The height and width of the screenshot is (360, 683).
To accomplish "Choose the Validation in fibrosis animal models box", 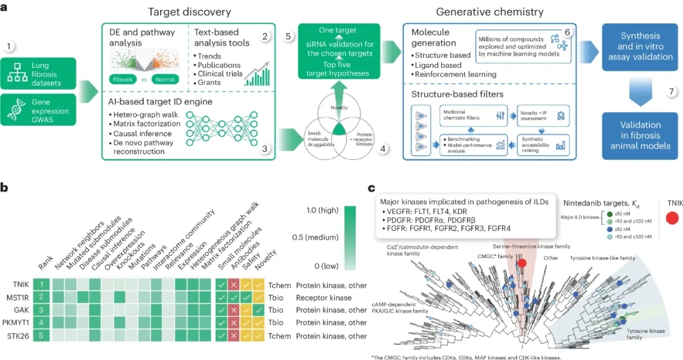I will point(640,135).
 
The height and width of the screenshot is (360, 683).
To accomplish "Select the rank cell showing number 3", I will point(41,310).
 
